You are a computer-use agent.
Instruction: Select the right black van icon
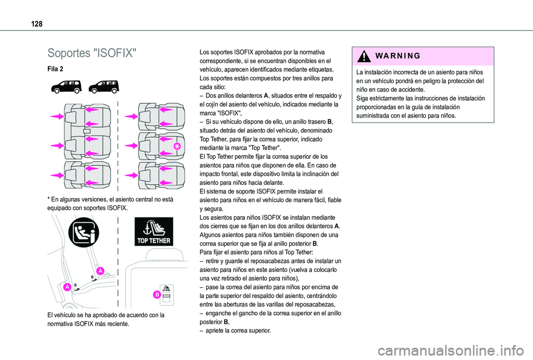103,87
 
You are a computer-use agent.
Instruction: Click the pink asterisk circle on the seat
177,146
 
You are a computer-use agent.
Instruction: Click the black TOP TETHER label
153,232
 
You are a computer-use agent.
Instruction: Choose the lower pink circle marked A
66,287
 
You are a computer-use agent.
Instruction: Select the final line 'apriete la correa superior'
238,330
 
